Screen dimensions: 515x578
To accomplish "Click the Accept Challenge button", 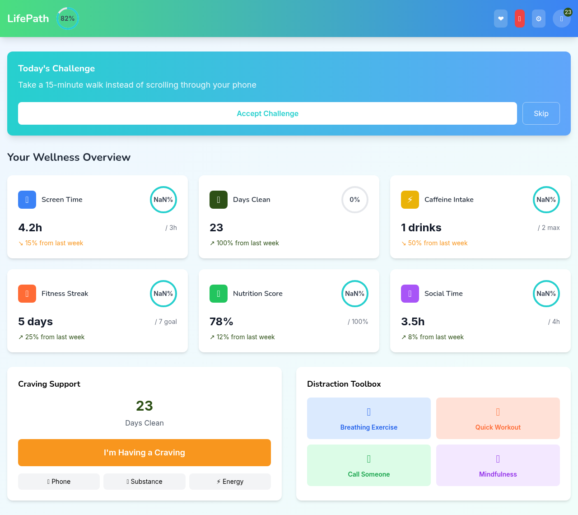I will click(x=267, y=113).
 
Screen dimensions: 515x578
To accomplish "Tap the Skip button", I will click(x=541, y=113).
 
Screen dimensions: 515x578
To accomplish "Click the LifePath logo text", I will click(x=28, y=19).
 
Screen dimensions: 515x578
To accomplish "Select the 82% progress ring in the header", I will click(x=68, y=19).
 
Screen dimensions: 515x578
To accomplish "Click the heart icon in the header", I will click(x=501, y=19).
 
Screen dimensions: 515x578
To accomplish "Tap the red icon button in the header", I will click(x=520, y=19).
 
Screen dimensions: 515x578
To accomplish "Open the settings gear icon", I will click(x=539, y=19).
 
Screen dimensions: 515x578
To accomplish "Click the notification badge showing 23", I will click(x=568, y=12).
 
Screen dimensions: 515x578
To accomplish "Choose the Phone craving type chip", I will click(x=59, y=482).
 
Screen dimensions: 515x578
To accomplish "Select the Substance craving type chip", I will click(x=144, y=482).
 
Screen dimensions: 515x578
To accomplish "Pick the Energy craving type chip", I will click(x=230, y=482).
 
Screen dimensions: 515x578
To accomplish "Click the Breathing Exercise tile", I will click(x=369, y=418).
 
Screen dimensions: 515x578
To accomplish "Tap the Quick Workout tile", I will click(x=498, y=418).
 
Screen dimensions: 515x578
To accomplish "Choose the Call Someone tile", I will click(x=369, y=465).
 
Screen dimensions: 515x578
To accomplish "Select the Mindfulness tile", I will click(x=498, y=465).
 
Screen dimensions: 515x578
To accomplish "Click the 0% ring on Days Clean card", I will click(x=355, y=200).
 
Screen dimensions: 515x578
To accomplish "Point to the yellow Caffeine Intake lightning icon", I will click(x=410, y=200).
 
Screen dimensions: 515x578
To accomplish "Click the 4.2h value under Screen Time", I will click(x=30, y=228).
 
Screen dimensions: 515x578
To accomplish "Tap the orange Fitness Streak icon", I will click(x=27, y=294).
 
